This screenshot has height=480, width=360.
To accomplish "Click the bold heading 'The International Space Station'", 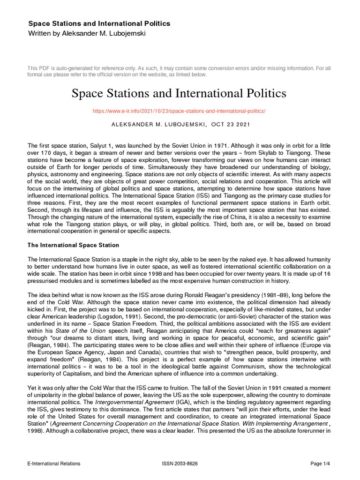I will click(74, 245).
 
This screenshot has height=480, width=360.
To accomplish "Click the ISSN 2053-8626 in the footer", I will click(180, 464).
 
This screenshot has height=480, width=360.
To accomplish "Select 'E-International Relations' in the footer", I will click(54, 464).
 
